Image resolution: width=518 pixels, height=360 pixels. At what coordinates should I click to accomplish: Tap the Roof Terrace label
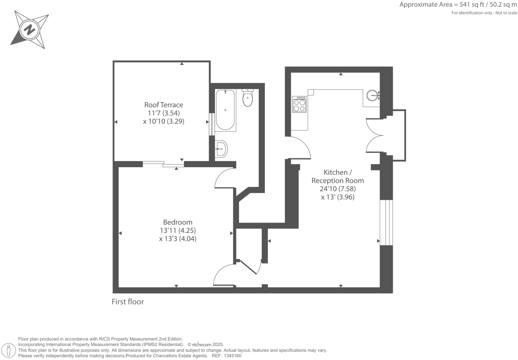[163, 105]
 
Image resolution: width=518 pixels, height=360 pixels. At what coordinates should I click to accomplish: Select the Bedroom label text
[177, 222]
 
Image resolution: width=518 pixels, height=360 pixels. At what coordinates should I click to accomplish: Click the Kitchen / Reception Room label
[338, 176]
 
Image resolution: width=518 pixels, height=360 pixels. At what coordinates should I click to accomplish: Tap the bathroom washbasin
[221, 149]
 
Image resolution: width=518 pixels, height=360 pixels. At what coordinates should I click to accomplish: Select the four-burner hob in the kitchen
[299, 104]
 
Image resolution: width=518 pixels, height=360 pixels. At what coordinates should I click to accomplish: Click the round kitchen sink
[373, 95]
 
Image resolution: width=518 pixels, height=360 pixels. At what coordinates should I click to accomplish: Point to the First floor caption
[127, 302]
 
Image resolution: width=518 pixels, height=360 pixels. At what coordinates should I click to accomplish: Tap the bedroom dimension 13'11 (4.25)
[177, 231]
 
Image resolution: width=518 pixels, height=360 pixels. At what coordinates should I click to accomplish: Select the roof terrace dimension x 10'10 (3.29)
[163, 121]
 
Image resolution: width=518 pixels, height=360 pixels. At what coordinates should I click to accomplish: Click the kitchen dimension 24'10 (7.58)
[338, 189]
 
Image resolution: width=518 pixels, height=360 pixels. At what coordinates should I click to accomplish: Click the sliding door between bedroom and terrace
[163, 164]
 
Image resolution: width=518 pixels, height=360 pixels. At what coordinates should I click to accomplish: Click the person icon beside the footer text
[9, 350]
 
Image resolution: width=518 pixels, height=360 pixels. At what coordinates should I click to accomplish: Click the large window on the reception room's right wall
[386, 223]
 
